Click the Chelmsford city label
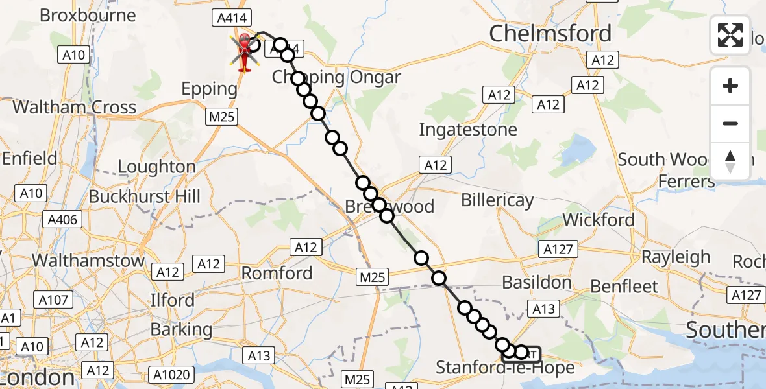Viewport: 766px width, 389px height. coord(550,33)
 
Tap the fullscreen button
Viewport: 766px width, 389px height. coord(730,34)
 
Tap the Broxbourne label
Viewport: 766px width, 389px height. coord(88,15)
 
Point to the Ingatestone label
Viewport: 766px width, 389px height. coord(467,130)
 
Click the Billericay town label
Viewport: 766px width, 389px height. coord(497,200)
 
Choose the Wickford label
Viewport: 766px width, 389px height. coord(599,220)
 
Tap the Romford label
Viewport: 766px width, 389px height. coord(277,273)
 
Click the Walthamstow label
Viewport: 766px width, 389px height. coord(88,261)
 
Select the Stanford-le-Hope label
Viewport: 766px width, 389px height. coord(505,368)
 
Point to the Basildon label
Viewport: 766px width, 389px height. coord(537,282)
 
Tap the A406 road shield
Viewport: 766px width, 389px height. coord(63,220)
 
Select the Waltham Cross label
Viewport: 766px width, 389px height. coord(75,107)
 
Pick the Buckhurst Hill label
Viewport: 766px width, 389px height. coord(145,196)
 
